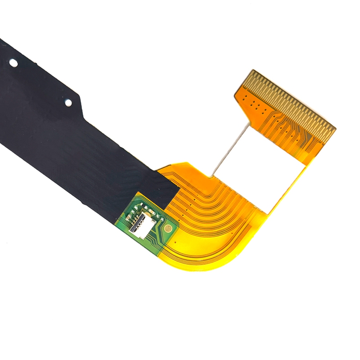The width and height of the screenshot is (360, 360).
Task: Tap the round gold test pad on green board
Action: tap(168, 229)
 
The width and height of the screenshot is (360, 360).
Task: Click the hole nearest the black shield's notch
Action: tap(68, 103)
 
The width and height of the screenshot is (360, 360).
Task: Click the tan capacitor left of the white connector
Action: tap(127, 219)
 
